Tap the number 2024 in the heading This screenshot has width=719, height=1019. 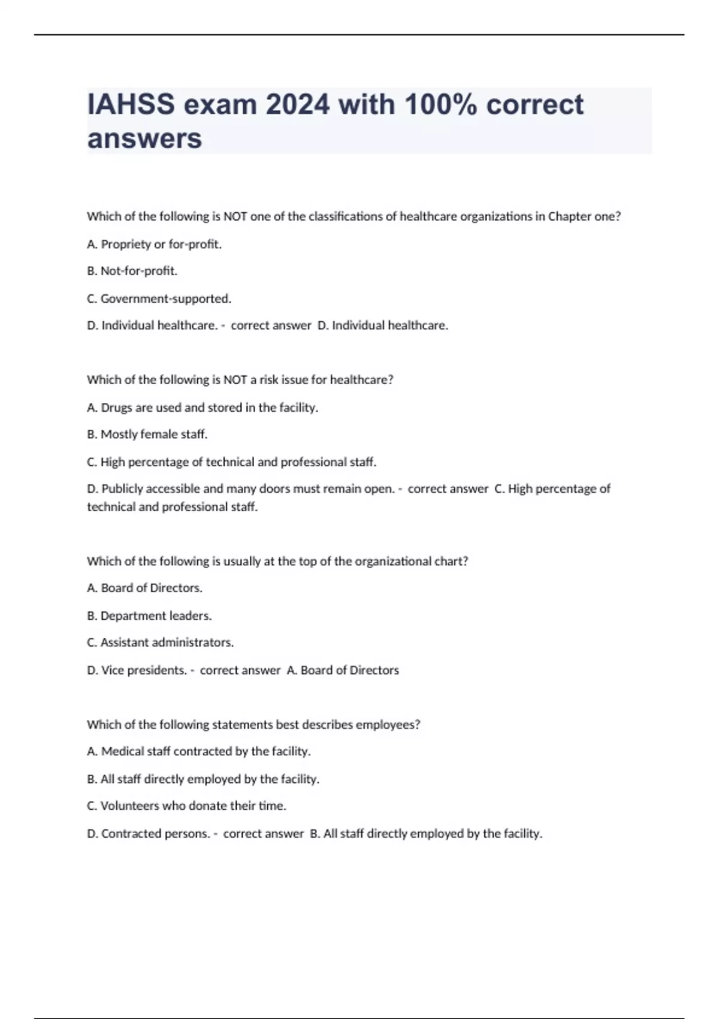pos(298,105)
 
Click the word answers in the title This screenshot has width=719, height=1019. pos(144,139)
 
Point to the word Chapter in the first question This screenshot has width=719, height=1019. pos(569,216)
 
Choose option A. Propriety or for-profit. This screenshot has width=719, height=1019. pos(155,244)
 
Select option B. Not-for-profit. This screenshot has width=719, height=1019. pos(132,271)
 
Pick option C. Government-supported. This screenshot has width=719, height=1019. pos(159,299)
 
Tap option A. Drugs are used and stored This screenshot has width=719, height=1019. pos(203,408)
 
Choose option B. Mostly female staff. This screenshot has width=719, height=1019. pos(147,434)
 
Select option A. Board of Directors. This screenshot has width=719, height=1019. pos(145,588)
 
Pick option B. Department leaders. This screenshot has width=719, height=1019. pos(150,616)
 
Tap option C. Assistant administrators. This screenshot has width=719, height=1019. pos(161,643)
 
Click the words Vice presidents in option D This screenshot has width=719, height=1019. pos(144,670)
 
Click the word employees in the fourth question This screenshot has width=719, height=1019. pos(388,725)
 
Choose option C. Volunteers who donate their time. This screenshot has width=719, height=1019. pos(187,806)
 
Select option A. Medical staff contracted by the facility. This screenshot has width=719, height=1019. pos(199,752)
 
